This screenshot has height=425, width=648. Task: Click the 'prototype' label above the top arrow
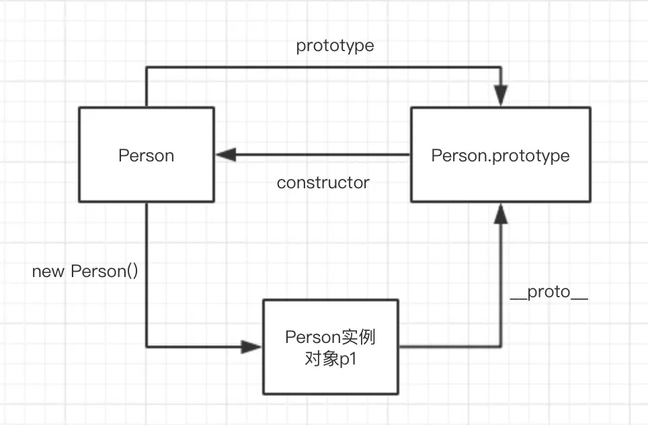tap(335, 46)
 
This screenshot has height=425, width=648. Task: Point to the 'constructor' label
tap(323, 182)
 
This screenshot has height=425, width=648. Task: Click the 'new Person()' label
tap(85, 272)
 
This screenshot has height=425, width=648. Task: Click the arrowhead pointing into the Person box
tap(224, 155)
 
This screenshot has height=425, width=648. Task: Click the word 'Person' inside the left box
tap(146, 155)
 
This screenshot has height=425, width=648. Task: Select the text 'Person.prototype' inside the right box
tap(500, 155)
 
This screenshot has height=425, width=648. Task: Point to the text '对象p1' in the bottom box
tap(330, 358)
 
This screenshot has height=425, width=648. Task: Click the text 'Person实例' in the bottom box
tap(330, 337)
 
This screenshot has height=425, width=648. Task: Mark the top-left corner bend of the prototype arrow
tap(147, 67)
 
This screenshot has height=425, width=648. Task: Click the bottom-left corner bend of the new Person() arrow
tap(147, 347)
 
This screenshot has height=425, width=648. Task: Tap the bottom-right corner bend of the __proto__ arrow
tap(501, 347)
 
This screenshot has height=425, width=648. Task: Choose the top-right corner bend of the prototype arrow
tap(501, 67)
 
